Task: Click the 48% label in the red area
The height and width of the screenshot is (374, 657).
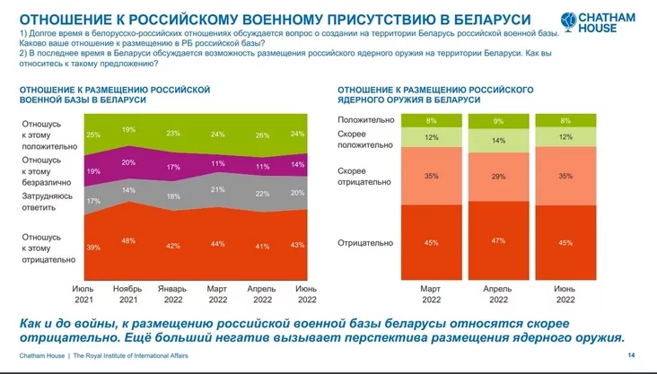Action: click(128, 240)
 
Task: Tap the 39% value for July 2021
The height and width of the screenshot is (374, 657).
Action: click(93, 247)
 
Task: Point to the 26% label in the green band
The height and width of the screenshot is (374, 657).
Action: click(262, 135)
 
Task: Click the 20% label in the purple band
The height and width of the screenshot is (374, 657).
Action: click(128, 162)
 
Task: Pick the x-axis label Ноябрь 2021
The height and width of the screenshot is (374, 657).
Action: click(128, 293)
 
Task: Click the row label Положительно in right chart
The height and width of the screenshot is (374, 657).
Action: click(361, 119)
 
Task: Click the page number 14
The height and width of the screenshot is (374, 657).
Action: click(631, 355)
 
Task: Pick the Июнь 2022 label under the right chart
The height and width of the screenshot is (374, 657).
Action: click(564, 293)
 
